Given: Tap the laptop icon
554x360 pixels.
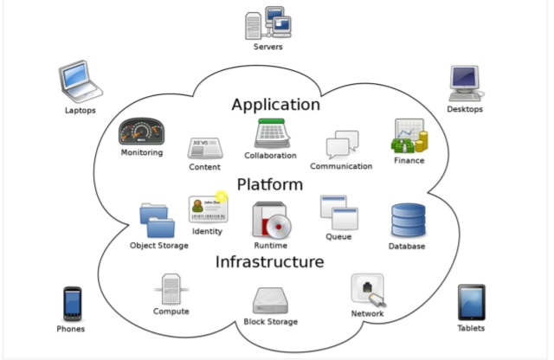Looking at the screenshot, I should click(x=81, y=81).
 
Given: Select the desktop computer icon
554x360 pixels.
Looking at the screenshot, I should click(x=464, y=82).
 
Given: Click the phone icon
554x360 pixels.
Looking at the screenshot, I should click(x=72, y=304).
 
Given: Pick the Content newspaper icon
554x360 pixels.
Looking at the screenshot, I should click(x=205, y=148).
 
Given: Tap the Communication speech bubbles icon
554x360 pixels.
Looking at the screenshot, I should click(x=341, y=145).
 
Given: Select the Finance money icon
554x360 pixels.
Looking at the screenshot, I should click(x=409, y=136).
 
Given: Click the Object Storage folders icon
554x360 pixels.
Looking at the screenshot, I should click(x=157, y=221).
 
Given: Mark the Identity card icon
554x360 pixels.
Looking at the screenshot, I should click(x=207, y=209).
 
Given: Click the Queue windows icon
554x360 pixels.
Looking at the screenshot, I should click(x=338, y=212).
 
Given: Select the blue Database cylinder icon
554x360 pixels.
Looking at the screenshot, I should click(x=407, y=222).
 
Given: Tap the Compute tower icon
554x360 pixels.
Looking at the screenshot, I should click(x=171, y=289).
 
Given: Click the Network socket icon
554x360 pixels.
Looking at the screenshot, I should click(x=367, y=289).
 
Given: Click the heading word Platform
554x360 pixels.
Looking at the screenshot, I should click(x=270, y=184).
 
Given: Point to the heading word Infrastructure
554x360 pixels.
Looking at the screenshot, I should click(x=270, y=261).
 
